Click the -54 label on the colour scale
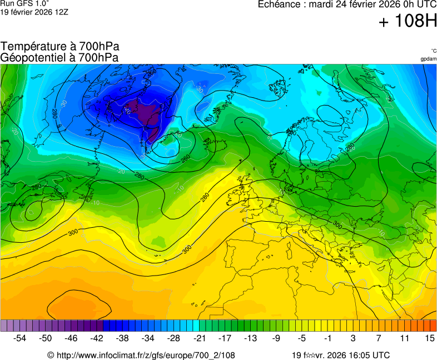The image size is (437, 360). pos(19,338)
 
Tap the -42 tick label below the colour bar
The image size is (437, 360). pos(96,338)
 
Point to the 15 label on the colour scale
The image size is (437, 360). pos(429,338)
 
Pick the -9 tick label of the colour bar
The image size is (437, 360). pos(276,338)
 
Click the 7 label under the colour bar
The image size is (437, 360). pos(378,338)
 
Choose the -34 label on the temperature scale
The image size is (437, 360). pos(147,338)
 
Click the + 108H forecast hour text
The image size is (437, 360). pos(408,22)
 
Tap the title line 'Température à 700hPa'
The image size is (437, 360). pos(59,47)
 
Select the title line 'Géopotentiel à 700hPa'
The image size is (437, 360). pos(59,57)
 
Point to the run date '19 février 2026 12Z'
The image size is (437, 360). pos(34,12)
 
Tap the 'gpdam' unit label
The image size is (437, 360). pos(428,58)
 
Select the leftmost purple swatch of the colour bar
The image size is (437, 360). pos(4,326)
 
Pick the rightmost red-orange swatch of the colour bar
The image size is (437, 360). pos(433,326)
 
